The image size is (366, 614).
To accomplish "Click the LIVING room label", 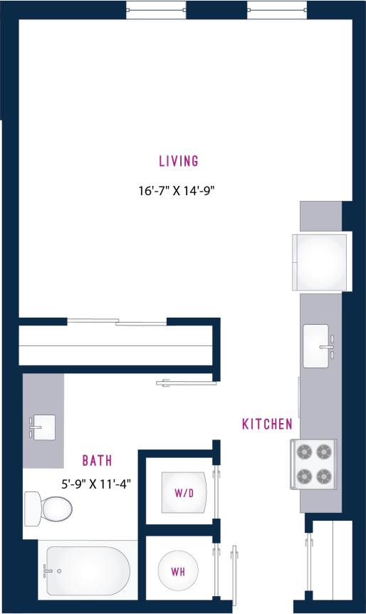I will click(178, 161).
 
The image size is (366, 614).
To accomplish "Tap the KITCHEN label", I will click(267, 425).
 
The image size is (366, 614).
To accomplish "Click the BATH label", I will click(97, 461).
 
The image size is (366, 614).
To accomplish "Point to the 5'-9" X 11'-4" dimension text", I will click(96, 484).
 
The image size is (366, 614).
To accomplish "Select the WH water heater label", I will click(178, 571).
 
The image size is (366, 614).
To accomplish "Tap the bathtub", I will click(88, 571).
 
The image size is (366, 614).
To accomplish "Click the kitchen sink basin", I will click(316, 346).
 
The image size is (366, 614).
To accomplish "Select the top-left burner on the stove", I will click(305, 451).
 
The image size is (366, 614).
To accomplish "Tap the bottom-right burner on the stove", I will click(324, 475).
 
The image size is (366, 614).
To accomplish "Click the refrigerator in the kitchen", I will click(323, 261).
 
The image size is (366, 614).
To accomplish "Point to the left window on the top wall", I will click(156, 10).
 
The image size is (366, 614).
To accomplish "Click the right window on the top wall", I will click(277, 10).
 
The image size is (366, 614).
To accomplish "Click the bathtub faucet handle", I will click(49, 571).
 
